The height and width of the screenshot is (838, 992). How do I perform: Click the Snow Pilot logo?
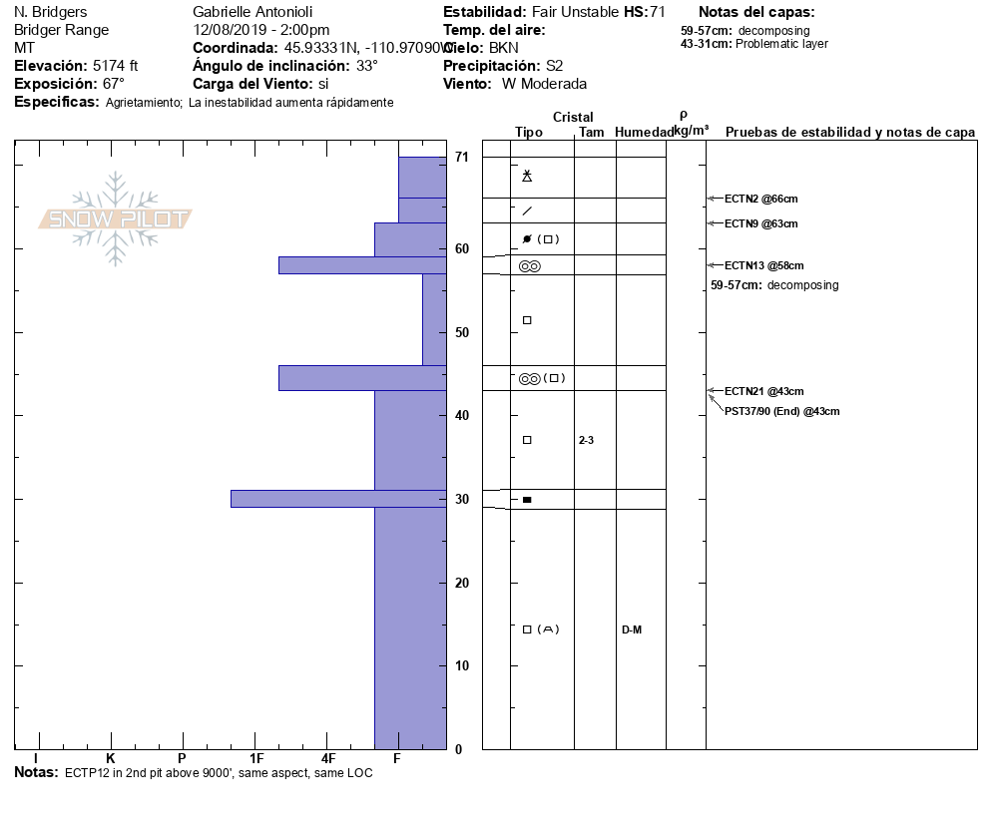116,219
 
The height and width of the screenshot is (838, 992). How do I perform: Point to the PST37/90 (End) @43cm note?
781,411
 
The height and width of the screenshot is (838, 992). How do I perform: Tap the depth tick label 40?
462,415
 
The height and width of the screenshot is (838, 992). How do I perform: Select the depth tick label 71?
462,157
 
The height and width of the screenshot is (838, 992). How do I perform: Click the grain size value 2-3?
588,440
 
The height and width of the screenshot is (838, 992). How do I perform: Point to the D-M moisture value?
632,629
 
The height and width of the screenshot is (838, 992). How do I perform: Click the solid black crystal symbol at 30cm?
527,499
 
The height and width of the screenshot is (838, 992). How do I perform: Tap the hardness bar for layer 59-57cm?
361,265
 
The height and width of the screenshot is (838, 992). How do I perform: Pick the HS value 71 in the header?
657,12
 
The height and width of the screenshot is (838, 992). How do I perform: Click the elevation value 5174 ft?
115,66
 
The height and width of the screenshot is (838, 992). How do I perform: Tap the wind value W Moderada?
544,84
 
